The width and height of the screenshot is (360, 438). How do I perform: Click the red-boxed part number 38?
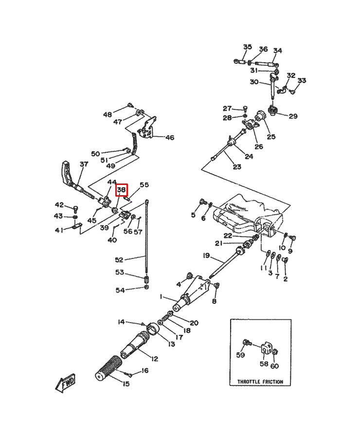point(121,190)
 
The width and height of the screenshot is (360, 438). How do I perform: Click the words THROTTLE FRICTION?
point(260,382)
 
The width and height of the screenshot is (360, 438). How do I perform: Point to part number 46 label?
point(169,138)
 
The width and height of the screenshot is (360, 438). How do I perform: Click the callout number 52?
point(119,259)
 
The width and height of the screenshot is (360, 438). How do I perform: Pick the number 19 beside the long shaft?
point(206,255)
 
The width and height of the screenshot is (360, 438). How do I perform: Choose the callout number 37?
point(84,164)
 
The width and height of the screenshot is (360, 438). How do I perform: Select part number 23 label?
point(237,167)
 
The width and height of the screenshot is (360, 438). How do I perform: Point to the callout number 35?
point(248,47)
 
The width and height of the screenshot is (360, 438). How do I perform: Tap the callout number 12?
point(155,359)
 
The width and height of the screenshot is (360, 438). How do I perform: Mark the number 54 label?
point(120,291)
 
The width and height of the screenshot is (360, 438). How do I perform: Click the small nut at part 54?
point(147,288)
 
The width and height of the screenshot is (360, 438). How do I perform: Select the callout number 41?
point(59,230)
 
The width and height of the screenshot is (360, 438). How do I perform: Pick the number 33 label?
point(302,80)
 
